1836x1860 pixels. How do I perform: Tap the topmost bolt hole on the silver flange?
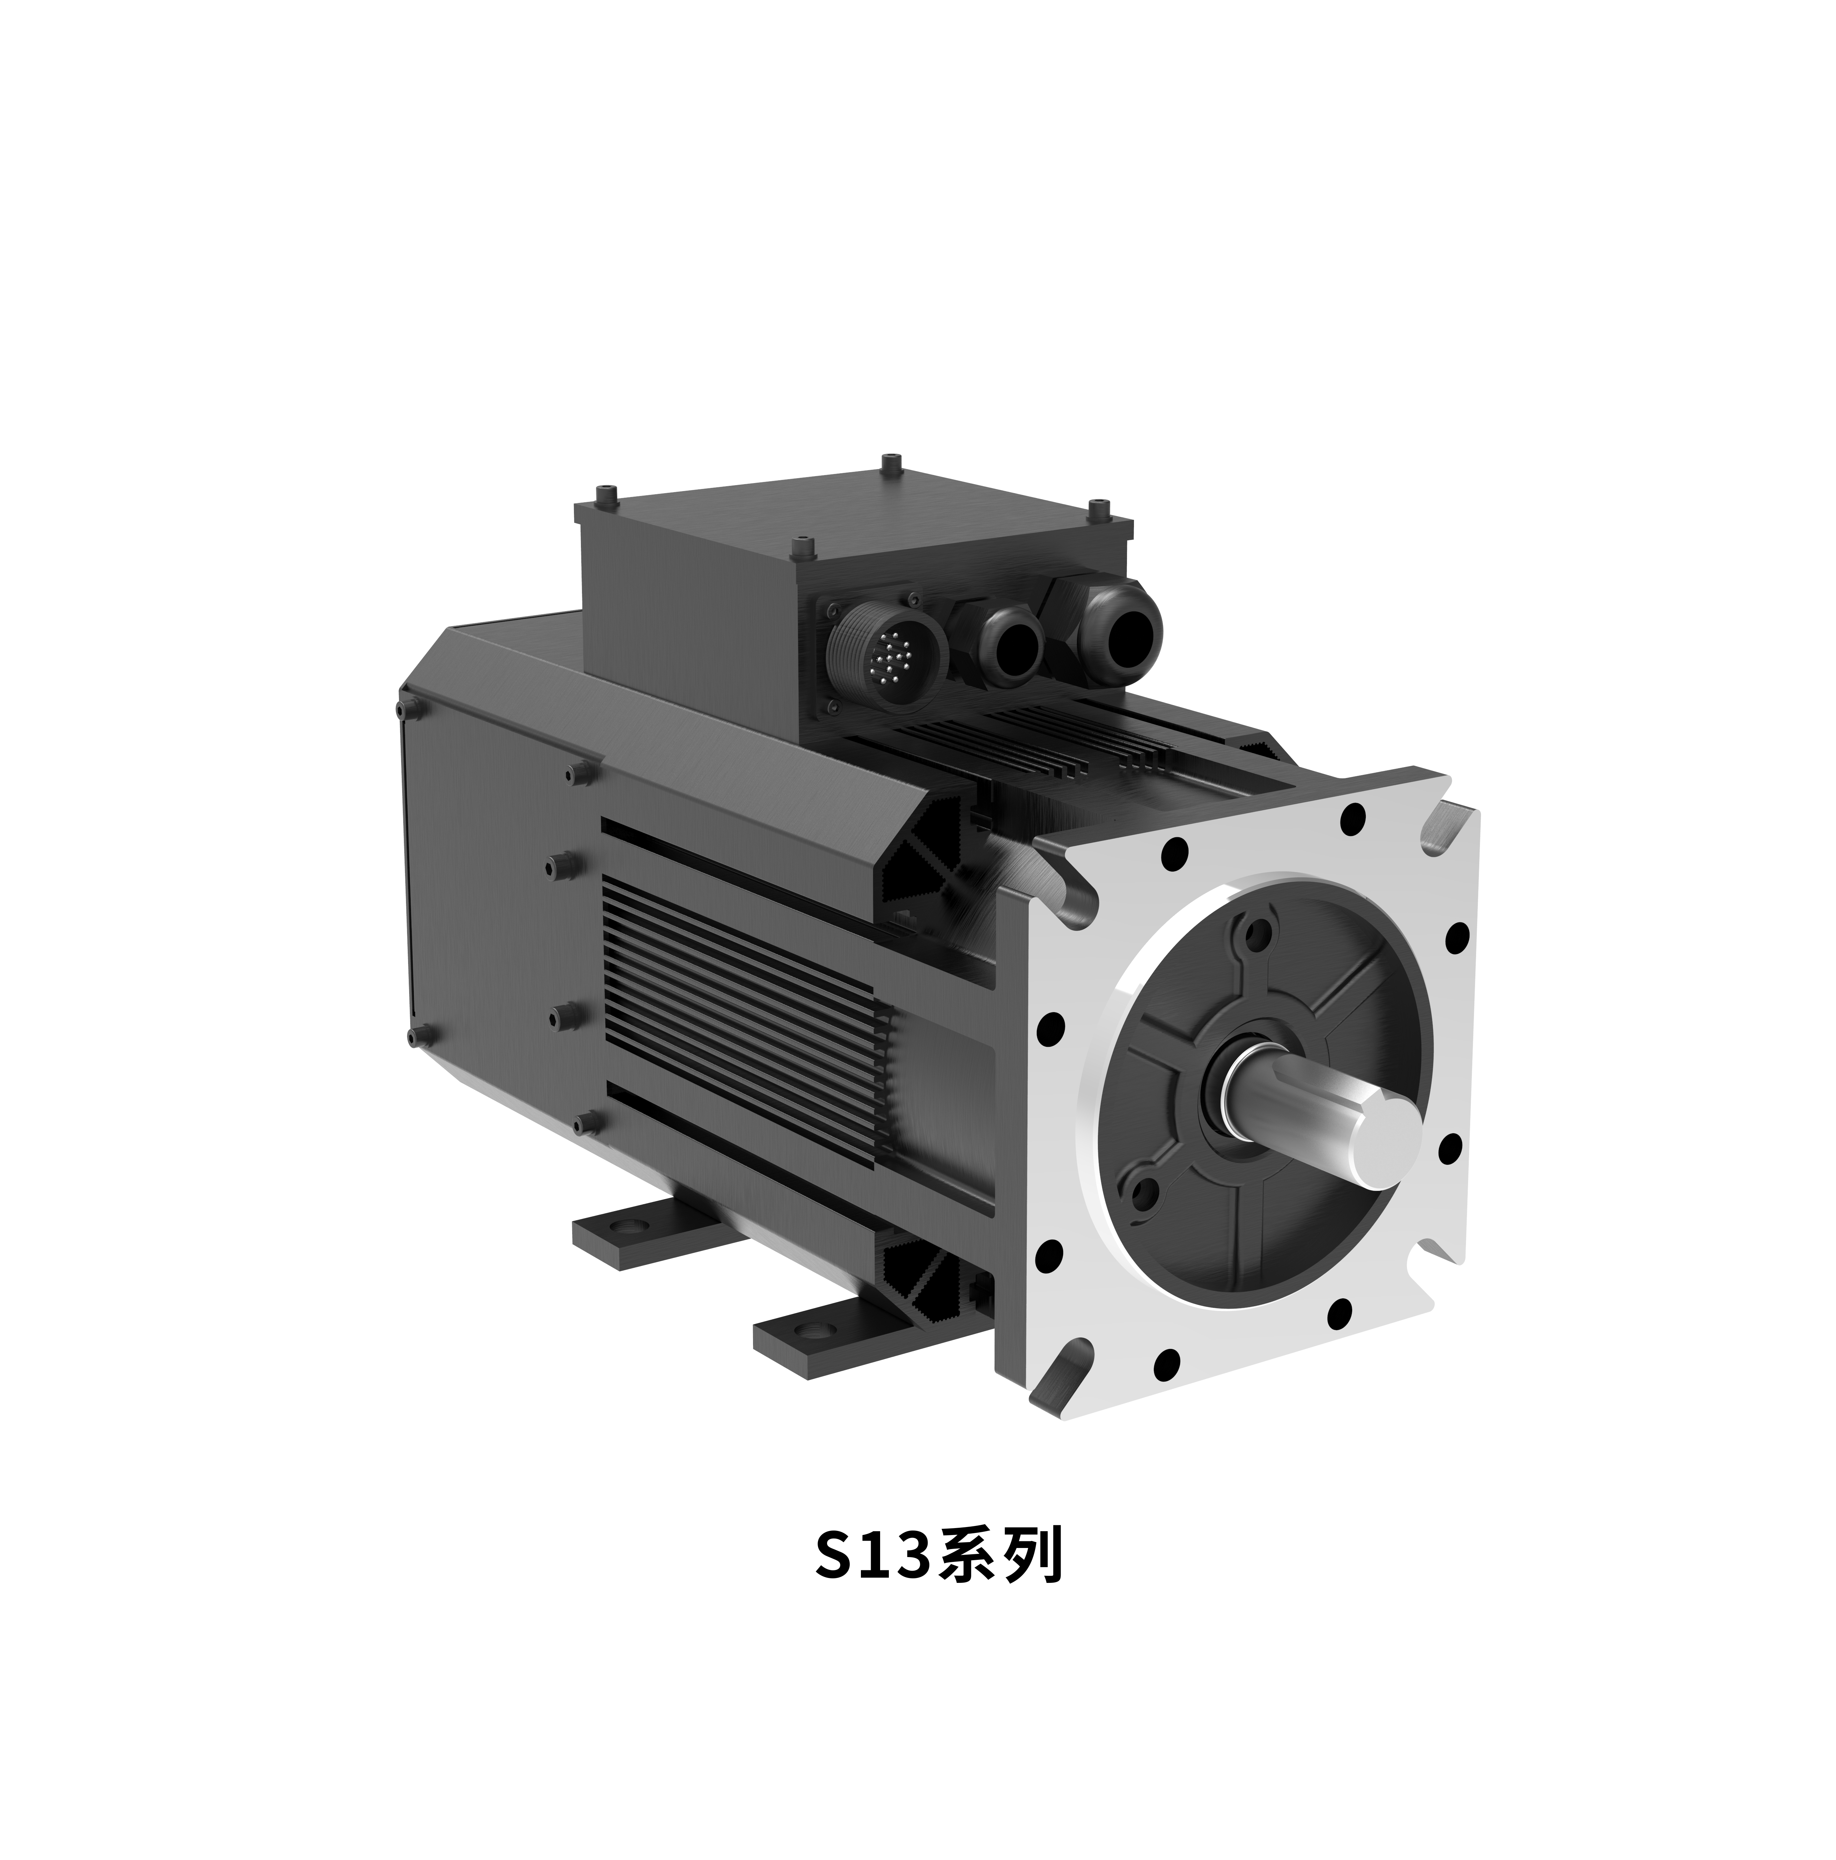coord(1354,819)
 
